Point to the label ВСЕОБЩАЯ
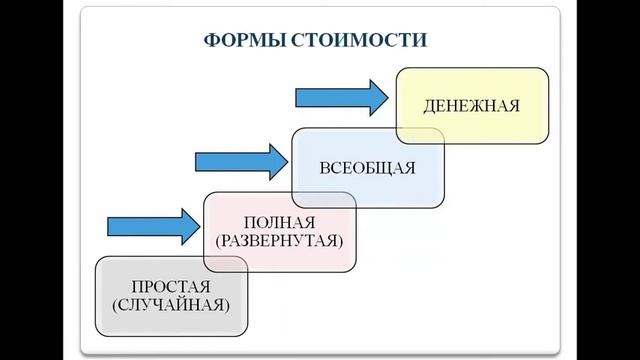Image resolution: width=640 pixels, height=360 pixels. point(368,167)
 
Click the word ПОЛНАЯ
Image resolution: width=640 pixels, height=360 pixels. point(278,222)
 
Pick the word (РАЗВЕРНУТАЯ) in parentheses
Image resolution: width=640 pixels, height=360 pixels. point(278,241)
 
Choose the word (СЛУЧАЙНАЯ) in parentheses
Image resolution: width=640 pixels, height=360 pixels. point(172,304)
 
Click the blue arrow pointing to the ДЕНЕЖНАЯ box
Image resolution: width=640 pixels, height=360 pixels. point(340,97)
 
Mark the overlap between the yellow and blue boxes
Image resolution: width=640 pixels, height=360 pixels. point(421,135)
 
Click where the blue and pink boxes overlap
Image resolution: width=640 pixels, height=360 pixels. point(326,199)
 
